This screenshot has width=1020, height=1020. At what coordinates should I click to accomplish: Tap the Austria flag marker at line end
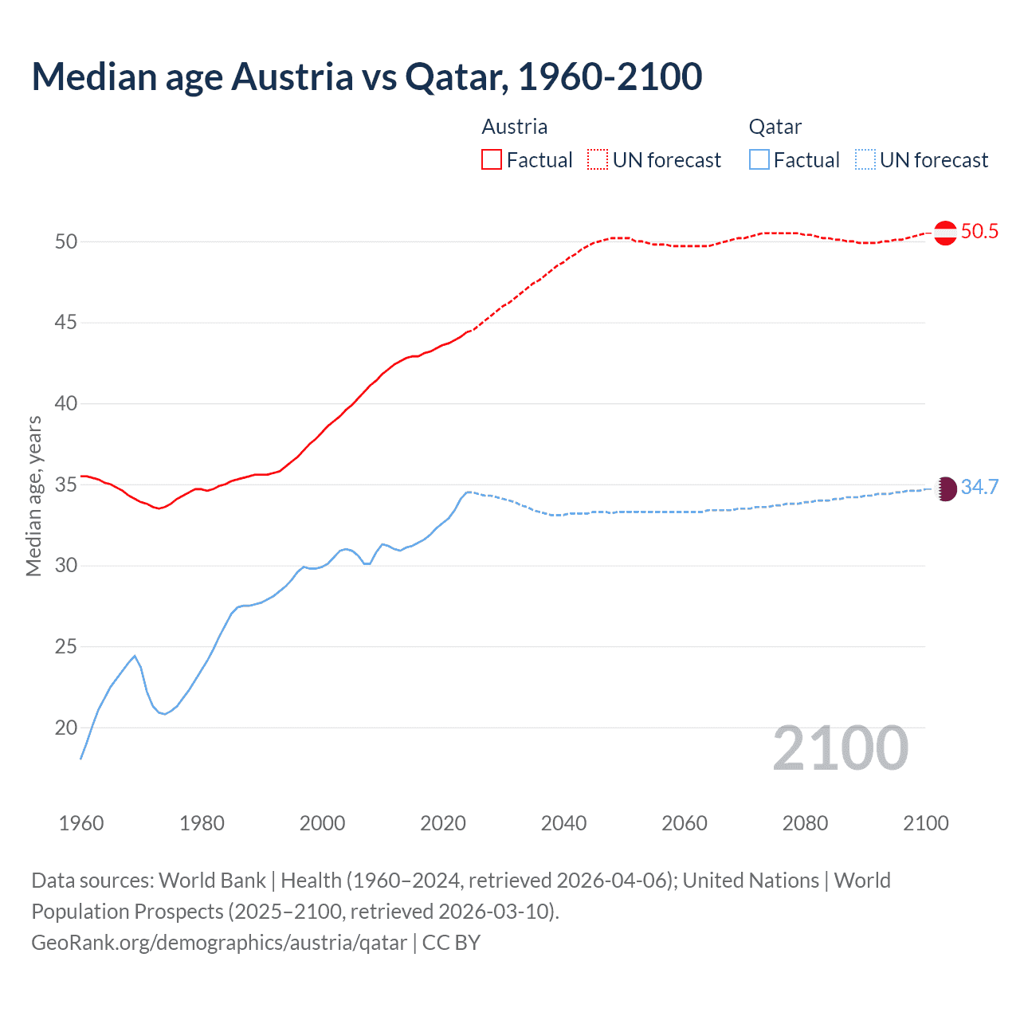[945, 233]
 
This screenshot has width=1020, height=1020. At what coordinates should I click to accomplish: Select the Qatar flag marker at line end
[945, 488]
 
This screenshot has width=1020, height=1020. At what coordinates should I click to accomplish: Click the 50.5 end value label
[979, 232]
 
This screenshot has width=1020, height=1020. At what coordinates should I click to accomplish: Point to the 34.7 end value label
[979, 488]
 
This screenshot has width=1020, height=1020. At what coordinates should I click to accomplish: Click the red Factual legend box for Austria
[492, 160]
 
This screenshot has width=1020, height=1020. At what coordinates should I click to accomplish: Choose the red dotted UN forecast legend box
[598, 160]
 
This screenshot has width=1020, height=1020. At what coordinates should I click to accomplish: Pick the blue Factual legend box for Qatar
[759, 160]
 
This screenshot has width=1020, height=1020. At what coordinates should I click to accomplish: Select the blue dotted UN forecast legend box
[865, 160]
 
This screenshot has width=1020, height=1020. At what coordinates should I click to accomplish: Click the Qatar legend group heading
[775, 127]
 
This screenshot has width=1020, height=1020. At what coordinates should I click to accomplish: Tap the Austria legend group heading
[514, 127]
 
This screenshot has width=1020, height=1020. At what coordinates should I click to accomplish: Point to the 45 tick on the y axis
[66, 323]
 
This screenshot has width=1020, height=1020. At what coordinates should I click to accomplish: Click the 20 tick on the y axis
[66, 728]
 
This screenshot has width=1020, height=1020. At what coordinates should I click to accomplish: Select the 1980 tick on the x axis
[202, 823]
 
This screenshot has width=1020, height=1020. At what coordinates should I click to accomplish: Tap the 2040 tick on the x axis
[563, 823]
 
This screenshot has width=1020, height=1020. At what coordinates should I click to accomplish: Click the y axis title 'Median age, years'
[33, 496]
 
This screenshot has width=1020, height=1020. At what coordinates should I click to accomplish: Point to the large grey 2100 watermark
[841, 748]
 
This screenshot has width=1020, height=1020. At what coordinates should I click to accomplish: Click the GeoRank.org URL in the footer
[219, 943]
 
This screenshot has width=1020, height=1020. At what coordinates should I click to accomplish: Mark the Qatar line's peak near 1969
[135, 656]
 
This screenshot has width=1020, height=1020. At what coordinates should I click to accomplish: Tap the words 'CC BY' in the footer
[451, 943]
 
